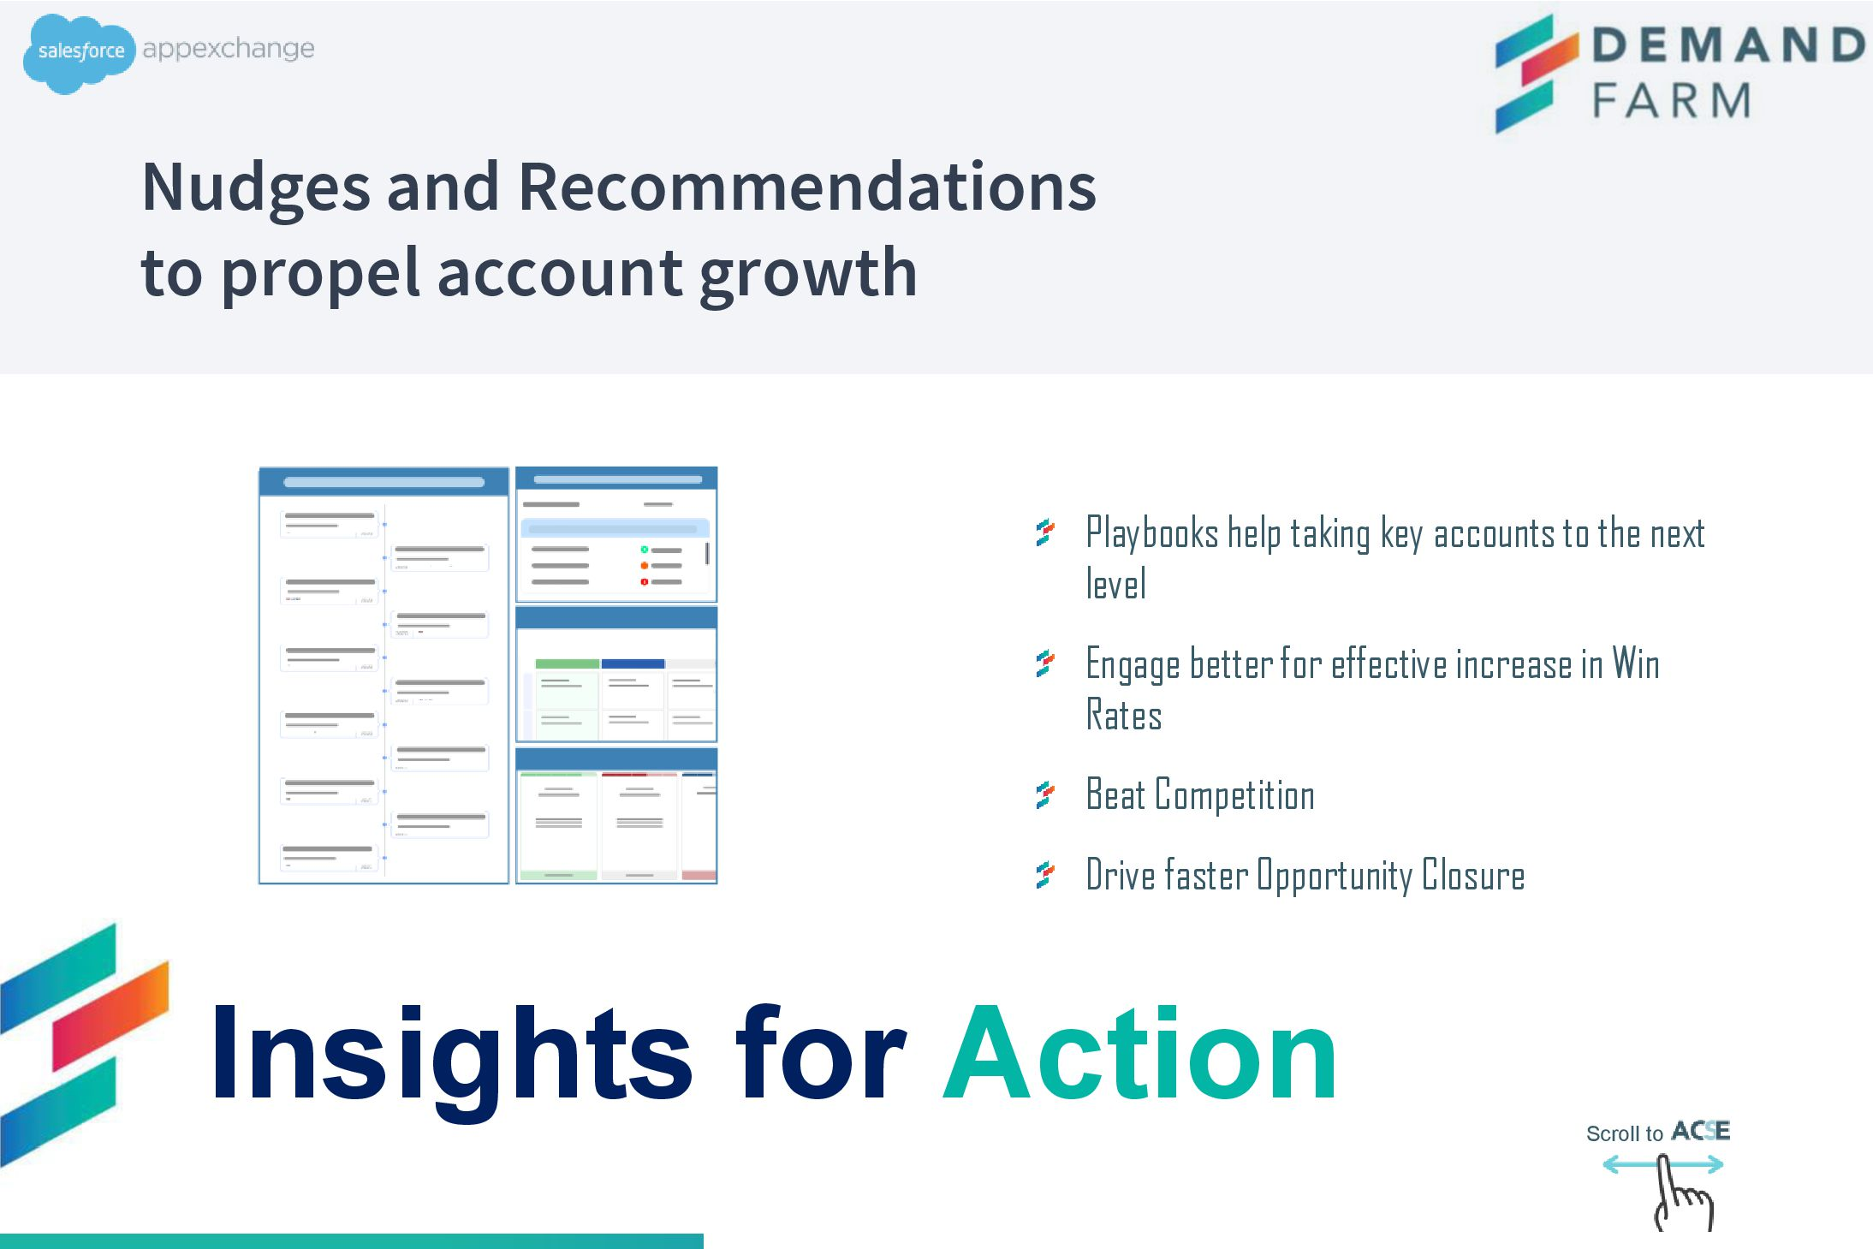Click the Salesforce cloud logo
pyautogui.click(x=79, y=53)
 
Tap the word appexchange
pyautogui.click(x=229, y=49)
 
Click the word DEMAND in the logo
pyautogui.click(x=1727, y=45)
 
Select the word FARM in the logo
pyautogui.click(x=1671, y=100)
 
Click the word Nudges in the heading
pyautogui.click(x=256, y=188)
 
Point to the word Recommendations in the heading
pyautogui.click(x=807, y=187)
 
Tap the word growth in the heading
pyautogui.click(x=808, y=274)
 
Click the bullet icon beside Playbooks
pyautogui.click(x=1045, y=532)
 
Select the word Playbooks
pyautogui.click(x=1152, y=533)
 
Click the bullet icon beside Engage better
pyautogui.click(x=1045, y=663)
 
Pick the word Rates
pyautogui.click(x=1124, y=715)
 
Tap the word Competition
pyautogui.click(x=1234, y=795)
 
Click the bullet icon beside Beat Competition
pyautogui.click(x=1045, y=795)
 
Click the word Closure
pyautogui.click(x=1473, y=875)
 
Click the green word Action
pyautogui.click(x=1139, y=1054)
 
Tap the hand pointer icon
pyautogui.click(x=1682, y=1193)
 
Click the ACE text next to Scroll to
pyautogui.click(x=1701, y=1131)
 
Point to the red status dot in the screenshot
pyautogui.click(x=645, y=582)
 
